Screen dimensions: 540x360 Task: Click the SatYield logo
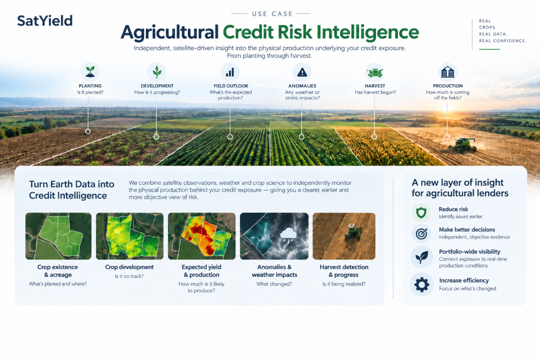(45, 21)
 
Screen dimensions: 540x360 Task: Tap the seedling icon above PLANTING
(90, 72)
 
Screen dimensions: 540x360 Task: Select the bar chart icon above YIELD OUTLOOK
(230, 72)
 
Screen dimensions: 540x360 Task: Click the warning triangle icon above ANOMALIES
(302, 72)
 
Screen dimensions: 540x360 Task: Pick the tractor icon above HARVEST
(375, 73)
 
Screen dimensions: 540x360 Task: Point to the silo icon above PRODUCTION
(448, 72)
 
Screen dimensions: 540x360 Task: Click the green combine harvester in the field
(462, 145)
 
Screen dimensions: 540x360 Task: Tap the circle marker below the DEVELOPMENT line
(157, 137)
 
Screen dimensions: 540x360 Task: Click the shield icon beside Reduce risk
(421, 213)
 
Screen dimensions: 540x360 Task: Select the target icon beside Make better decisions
(422, 234)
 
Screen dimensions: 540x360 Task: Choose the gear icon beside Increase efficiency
(422, 284)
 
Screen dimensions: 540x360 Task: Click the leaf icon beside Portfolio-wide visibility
(422, 257)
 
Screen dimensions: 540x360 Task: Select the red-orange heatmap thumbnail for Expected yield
(202, 236)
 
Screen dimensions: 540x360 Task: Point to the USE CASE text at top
(272, 14)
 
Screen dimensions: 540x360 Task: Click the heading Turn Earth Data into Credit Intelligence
(72, 189)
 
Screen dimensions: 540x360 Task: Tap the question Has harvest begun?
(375, 92)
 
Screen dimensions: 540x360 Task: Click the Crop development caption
(130, 267)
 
